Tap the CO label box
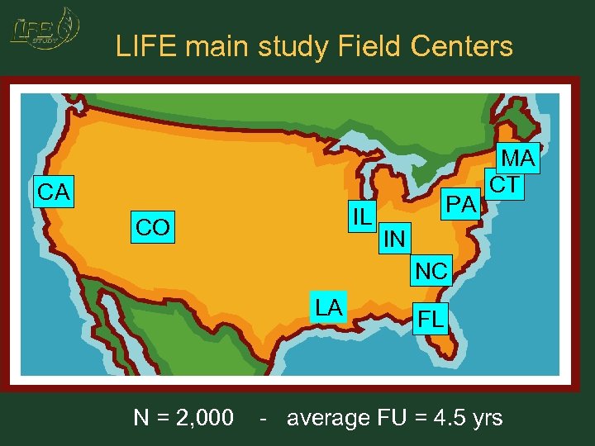pos(153,227)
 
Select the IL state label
pos(361,216)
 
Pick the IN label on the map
pos(394,240)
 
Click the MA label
pos(519,159)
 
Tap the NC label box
pos(431,270)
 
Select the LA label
pos(329,307)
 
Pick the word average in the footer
pos(327,418)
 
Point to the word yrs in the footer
pos(484,418)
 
